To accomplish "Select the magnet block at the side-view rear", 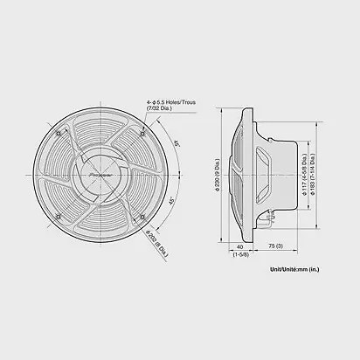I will tap(293, 175).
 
